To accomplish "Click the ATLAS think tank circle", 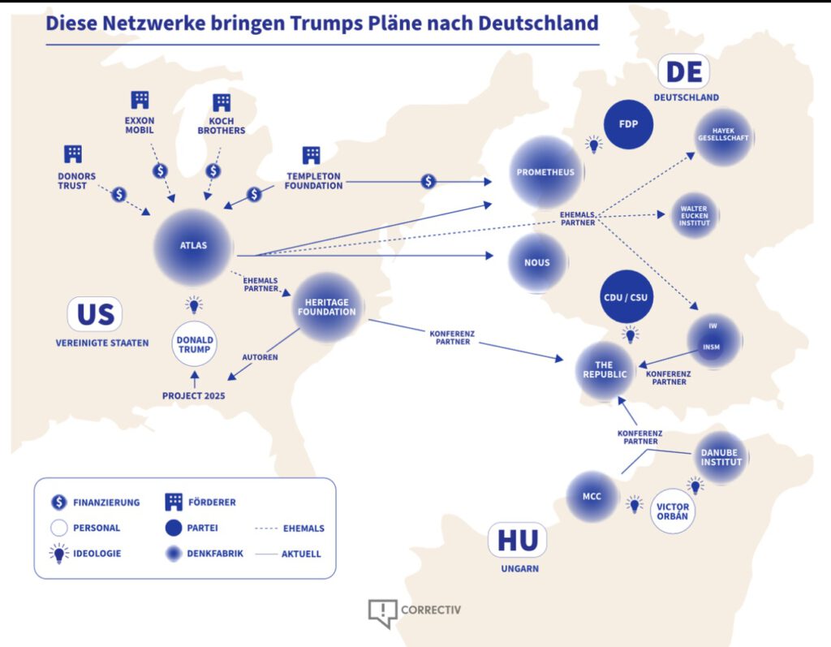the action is pyautogui.click(x=193, y=247).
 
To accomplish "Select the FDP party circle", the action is pyautogui.click(x=629, y=124).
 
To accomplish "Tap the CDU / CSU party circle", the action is pyautogui.click(x=626, y=297).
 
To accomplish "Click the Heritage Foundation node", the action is pyautogui.click(x=327, y=307).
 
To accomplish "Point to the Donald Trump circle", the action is pyautogui.click(x=195, y=344).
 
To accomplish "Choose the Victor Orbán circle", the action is pyautogui.click(x=673, y=511).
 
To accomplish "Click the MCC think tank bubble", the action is pyautogui.click(x=592, y=496).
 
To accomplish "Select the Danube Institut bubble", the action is pyautogui.click(x=720, y=457).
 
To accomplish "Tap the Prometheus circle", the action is pyautogui.click(x=546, y=172).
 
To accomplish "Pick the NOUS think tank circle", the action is pyautogui.click(x=537, y=262).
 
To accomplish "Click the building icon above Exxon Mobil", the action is pyautogui.click(x=140, y=100).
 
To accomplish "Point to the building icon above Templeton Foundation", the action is pyautogui.click(x=311, y=155).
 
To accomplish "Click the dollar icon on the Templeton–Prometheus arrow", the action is pyautogui.click(x=428, y=181).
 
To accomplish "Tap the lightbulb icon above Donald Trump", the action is pyautogui.click(x=194, y=304).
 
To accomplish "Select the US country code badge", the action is pyautogui.click(x=95, y=314).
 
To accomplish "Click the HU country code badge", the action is pyautogui.click(x=517, y=540).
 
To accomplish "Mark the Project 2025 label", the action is pyautogui.click(x=193, y=395).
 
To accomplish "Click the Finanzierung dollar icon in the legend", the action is pyautogui.click(x=58, y=502).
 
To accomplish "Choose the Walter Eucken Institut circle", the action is pyautogui.click(x=695, y=215).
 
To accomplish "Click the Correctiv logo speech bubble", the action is pyautogui.click(x=383, y=613).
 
